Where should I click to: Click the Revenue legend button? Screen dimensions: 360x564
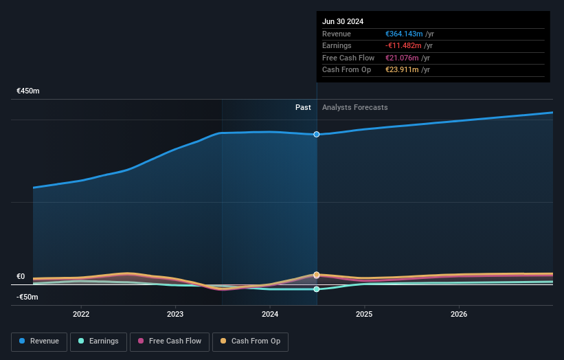pos(40,341)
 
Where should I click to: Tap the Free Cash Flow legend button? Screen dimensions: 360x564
pos(168,341)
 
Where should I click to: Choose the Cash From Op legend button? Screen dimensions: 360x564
pos(250,341)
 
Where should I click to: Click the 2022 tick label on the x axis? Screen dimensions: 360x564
pos(81,314)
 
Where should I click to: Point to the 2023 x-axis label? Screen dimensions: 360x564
pos(175,314)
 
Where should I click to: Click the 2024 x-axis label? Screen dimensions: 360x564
pos(270,314)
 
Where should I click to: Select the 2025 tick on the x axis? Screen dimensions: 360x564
pos(364,314)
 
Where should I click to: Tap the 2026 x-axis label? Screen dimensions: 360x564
pos(459,314)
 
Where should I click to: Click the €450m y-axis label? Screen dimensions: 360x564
pos(28,91)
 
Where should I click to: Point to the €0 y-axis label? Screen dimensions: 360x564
pos(21,276)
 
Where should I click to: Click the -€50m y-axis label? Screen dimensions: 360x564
pos(27,297)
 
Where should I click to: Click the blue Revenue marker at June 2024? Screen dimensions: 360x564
pos(317,134)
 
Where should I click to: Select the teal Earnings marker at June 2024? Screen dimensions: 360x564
pos(317,289)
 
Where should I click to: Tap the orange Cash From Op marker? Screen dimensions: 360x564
pos(317,275)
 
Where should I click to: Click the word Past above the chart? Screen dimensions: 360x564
pos(303,107)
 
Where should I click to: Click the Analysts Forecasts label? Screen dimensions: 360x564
pos(354,107)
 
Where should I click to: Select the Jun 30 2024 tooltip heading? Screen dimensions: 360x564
pos(343,21)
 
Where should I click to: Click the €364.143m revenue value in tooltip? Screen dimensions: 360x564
pos(404,34)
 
